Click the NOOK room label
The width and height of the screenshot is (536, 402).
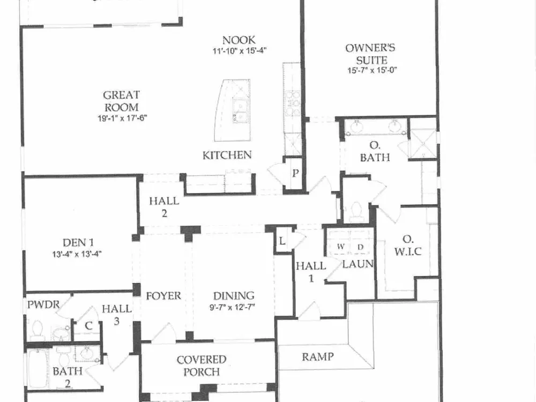pos(239,40)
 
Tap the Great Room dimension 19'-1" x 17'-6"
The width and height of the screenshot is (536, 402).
pos(122,118)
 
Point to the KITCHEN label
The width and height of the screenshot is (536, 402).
pos(227,155)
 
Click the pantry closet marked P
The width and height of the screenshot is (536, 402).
pos(295,173)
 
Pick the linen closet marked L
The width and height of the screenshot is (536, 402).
pos(282,241)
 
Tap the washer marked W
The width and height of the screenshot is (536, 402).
pos(340,247)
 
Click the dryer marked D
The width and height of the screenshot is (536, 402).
pos(360,247)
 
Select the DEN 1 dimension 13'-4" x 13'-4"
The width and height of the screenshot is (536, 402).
pos(77,254)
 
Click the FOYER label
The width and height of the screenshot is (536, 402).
pos(163,296)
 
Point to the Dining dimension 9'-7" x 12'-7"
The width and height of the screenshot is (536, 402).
pos(232,307)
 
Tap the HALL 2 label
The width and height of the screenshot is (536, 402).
pos(164,207)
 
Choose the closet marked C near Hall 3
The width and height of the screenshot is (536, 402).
pos(88,325)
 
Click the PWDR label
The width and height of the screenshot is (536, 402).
pos(43,304)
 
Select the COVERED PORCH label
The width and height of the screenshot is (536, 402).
pos(202,366)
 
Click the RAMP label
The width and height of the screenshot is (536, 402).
pos(318,357)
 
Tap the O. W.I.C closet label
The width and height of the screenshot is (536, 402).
pos(407,245)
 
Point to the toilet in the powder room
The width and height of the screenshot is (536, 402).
pos(36,329)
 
